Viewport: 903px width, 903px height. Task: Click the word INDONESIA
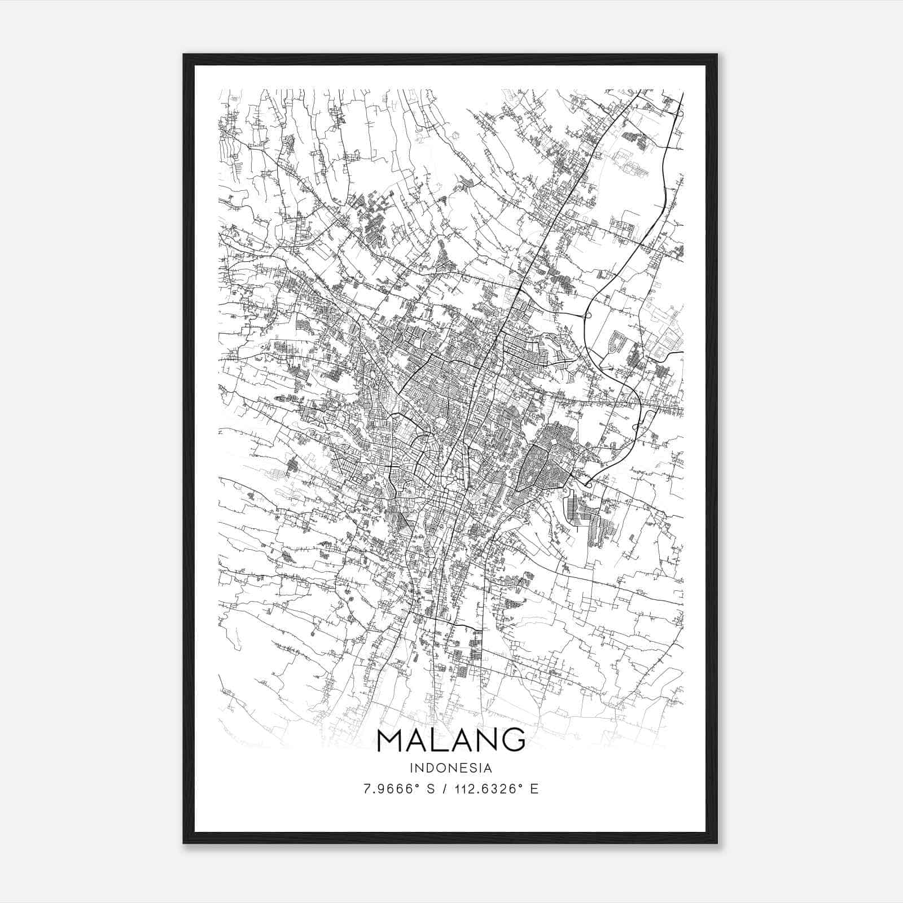pos(451,768)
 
